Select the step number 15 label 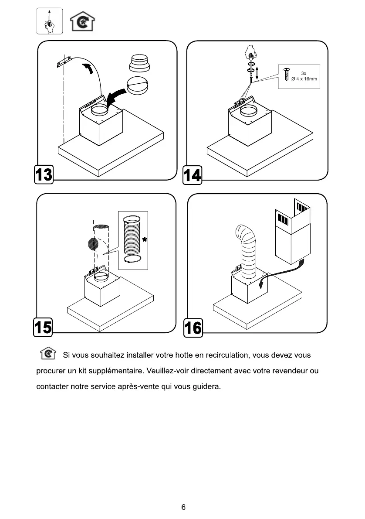tap(43, 327)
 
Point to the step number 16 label tap(193, 327)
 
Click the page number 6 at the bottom tap(183, 507)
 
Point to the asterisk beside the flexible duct tap(144, 239)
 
